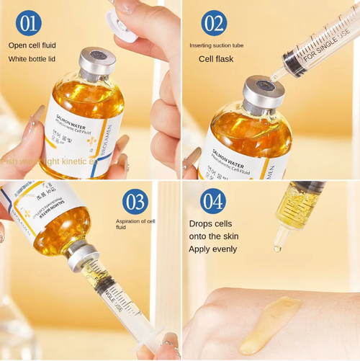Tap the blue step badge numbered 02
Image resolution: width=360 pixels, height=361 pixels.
pos(215,22)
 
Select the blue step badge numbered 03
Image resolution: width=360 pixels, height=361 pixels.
pos(135,201)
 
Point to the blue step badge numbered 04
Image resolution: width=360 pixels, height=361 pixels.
pos(213,201)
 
